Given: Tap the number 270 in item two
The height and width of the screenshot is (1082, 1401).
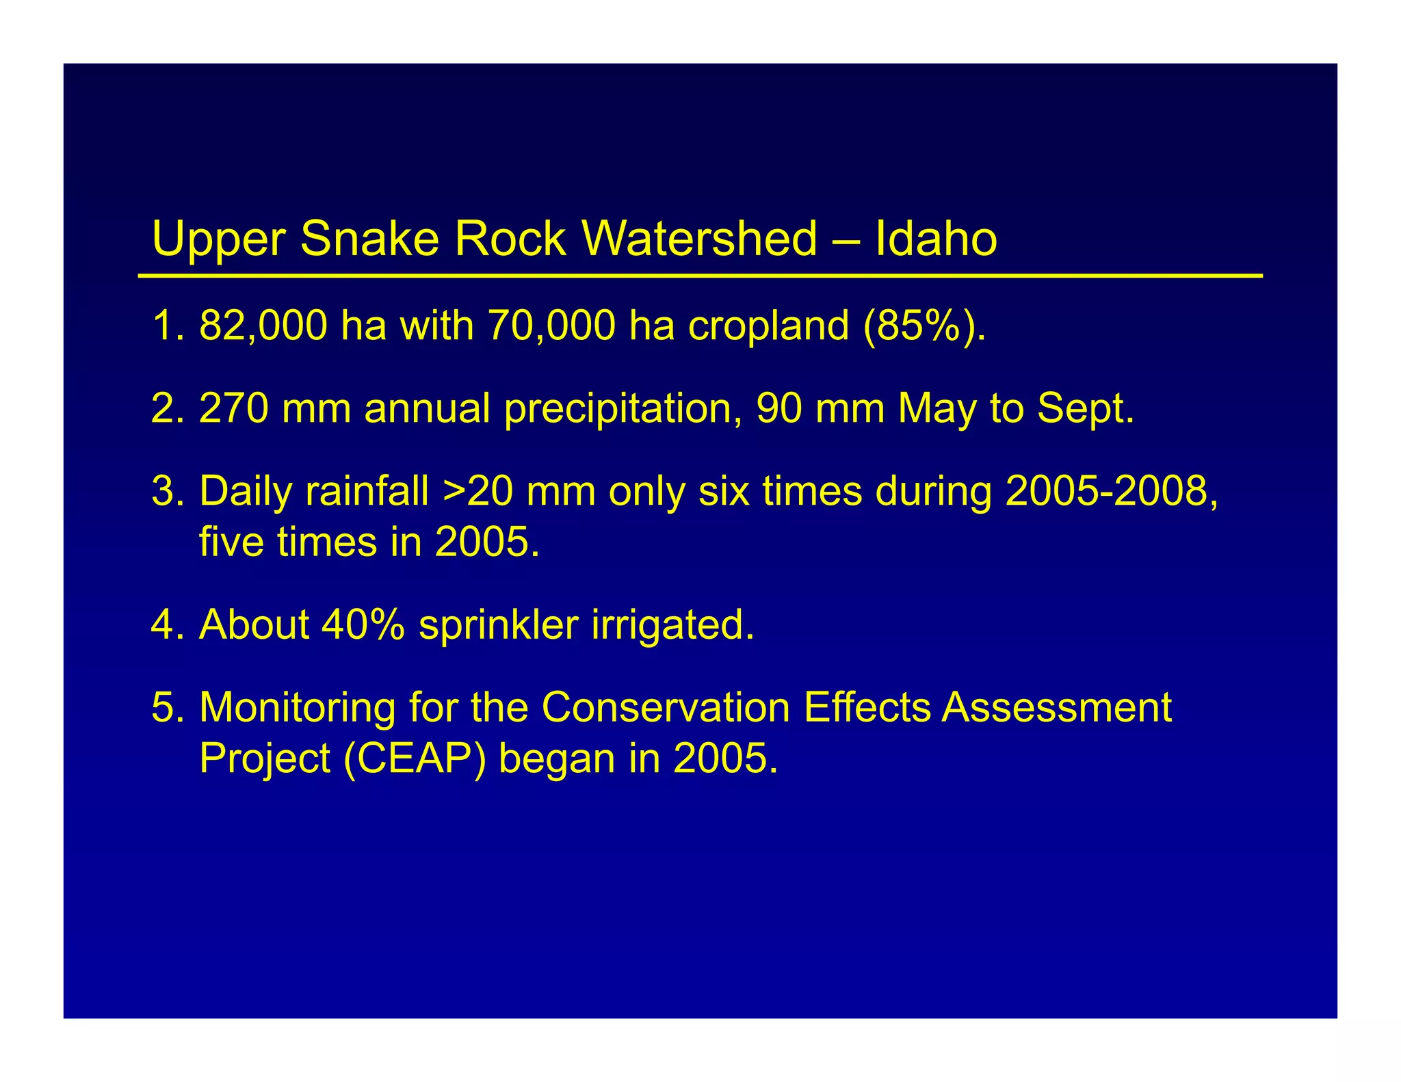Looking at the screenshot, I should point(233,408).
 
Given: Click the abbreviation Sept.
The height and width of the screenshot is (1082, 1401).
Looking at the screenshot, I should point(1085,410).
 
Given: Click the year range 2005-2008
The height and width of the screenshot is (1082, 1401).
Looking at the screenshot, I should point(1111,491).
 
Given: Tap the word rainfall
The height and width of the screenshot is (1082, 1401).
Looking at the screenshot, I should point(367,491).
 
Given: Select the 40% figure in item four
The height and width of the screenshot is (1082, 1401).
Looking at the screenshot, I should point(363,624).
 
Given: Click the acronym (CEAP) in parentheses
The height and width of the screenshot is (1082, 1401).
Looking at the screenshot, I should point(415,758).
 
